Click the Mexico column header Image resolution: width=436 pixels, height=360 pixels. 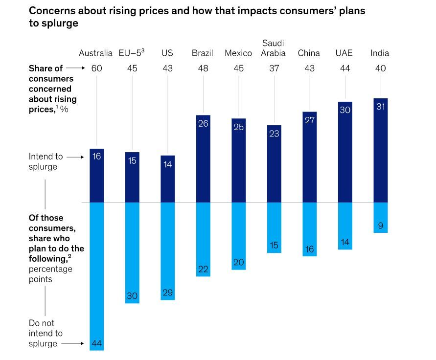[238, 53]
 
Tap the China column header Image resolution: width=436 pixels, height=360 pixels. [309, 53]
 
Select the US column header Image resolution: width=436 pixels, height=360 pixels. [167, 53]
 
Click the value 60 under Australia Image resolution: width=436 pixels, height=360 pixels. [97, 68]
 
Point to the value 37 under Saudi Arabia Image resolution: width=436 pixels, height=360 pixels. [274, 68]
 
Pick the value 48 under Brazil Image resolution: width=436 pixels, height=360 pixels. [203, 68]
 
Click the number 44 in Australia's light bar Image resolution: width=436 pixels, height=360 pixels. [97, 344]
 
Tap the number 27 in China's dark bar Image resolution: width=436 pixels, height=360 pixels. [309, 120]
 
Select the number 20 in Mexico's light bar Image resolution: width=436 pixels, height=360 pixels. [238, 263]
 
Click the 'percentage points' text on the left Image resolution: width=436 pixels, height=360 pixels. [50, 274]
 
